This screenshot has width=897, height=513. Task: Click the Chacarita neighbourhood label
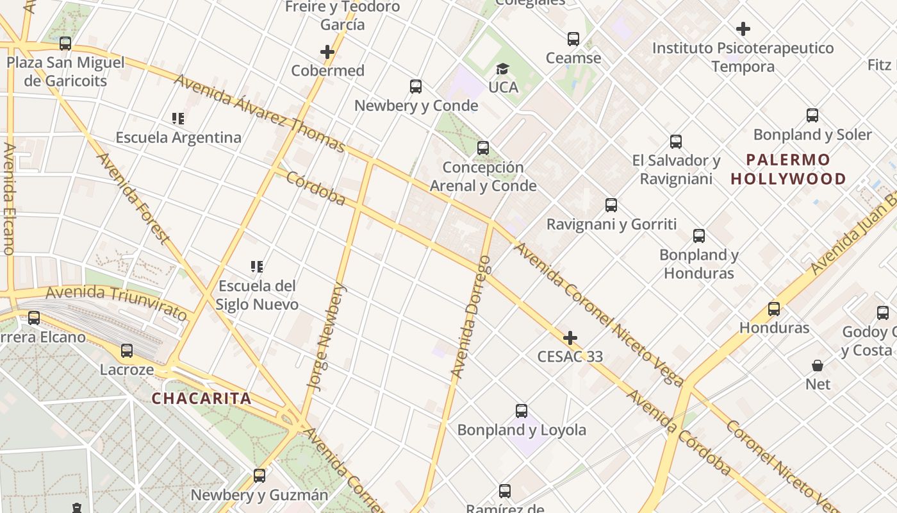click(201, 398)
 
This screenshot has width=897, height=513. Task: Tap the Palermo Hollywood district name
click(788, 169)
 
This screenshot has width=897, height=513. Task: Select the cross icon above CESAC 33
click(570, 338)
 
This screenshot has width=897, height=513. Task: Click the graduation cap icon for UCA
click(503, 69)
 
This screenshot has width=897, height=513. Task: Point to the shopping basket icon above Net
click(818, 366)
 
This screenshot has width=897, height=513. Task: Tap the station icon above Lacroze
click(127, 351)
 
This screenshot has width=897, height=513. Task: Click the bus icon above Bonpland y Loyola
click(522, 411)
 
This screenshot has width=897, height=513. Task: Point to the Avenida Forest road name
click(133, 198)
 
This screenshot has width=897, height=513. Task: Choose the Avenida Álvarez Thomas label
click(259, 114)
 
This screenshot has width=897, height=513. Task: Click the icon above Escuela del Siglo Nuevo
click(257, 266)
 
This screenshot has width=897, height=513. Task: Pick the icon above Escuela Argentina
click(178, 118)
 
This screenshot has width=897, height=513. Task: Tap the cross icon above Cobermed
click(327, 52)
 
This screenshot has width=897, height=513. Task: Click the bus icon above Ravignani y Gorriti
click(611, 205)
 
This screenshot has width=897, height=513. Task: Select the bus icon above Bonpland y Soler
click(812, 115)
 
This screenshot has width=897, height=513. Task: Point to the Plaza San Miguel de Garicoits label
click(65, 72)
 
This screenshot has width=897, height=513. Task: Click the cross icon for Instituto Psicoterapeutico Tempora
click(743, 29)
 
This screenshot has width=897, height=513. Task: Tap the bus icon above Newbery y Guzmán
click(259, 476)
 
